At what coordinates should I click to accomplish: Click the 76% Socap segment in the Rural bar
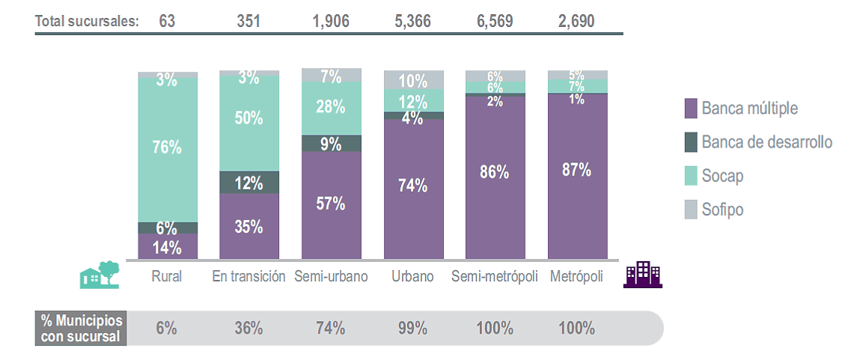click(x=168, y=148)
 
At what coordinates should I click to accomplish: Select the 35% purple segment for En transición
click(x=249, y=226)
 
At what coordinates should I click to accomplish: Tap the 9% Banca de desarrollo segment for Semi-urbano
click(x=332, y=143)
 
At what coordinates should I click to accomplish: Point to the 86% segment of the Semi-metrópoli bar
click(x=495, y=172)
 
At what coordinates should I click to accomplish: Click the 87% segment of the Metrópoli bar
click(x=577, y=171)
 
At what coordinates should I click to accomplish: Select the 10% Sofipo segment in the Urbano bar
click(x=413, y=80)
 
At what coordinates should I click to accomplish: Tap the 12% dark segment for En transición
click(x=249, y=183)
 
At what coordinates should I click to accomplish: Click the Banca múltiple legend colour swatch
click(x=691, y=109)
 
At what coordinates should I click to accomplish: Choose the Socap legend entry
click(x=722, y=176)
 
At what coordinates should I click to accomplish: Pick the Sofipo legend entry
click(x=722, y=210)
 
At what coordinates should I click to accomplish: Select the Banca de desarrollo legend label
click(x=766, y=142)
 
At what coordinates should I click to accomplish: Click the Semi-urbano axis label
click(x=332, y=276)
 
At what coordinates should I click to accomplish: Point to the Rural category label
click(x=167, y=276)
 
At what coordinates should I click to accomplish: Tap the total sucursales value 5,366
click(x=413, y=21)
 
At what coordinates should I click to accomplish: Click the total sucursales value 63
click(x=167, y=21)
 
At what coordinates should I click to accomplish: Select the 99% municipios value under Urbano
click(x=413, y=328)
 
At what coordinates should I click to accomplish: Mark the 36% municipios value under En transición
click(x=248, y=328)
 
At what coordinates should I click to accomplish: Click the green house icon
click(x=100, y=274)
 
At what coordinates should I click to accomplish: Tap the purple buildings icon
click(x=643, y=275)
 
